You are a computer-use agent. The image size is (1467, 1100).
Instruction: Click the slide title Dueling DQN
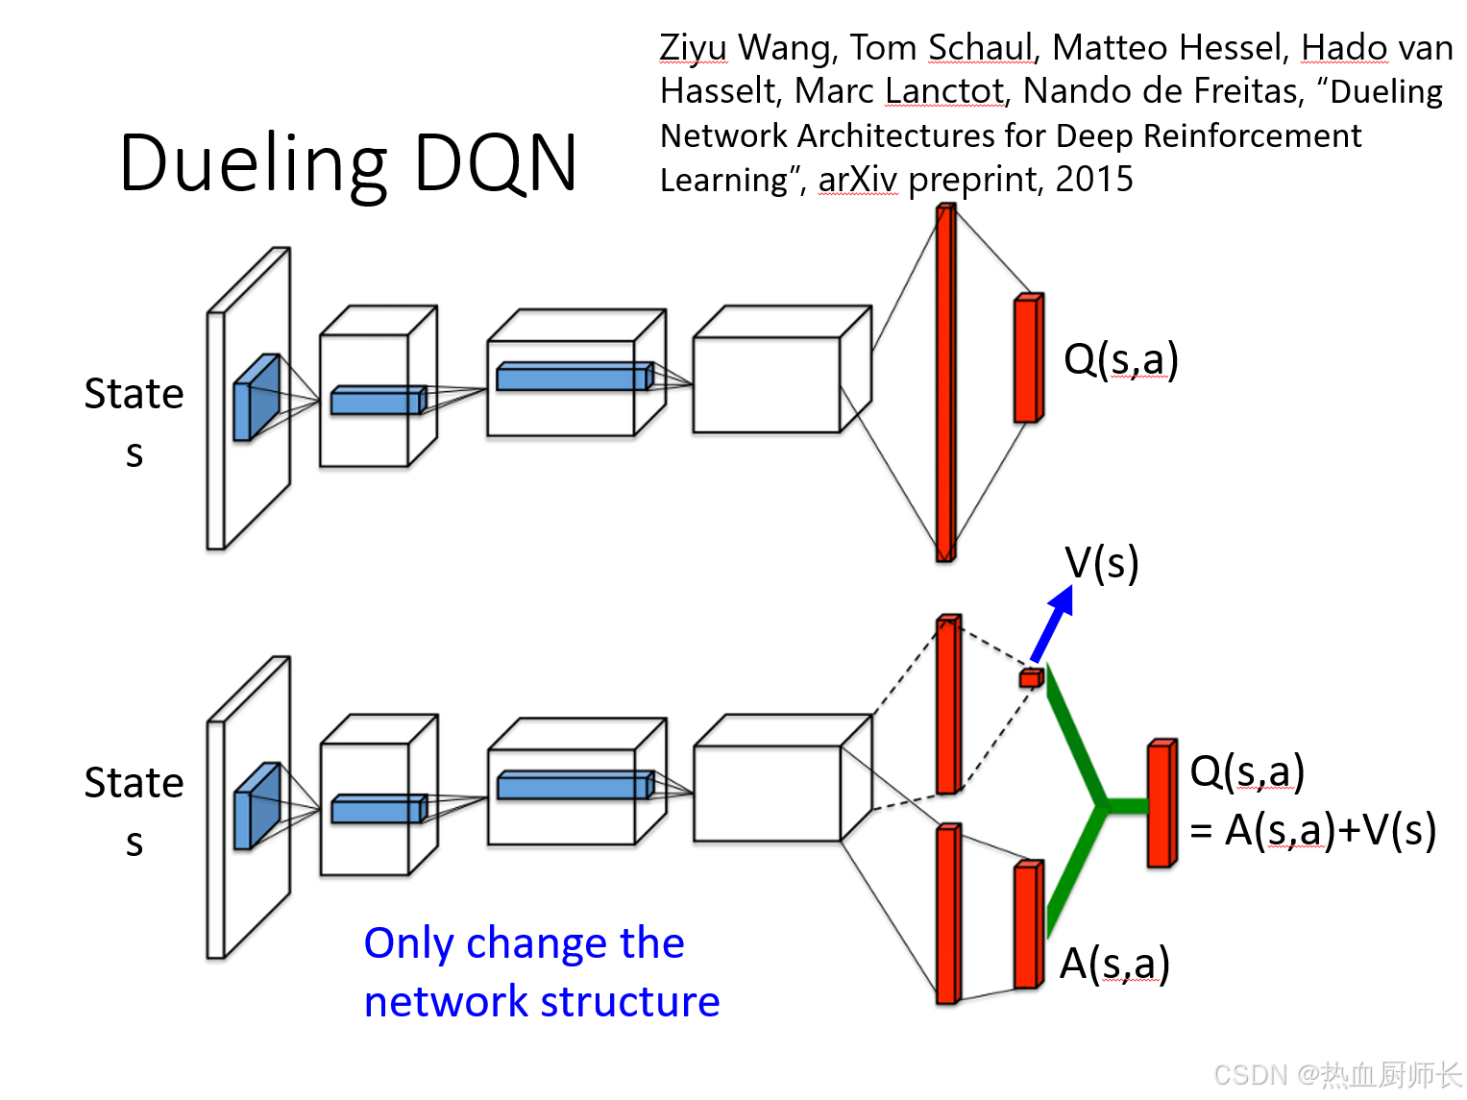click(349, 163)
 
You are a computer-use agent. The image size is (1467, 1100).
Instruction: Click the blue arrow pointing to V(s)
click(1051, 624)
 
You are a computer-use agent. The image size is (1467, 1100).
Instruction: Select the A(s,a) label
click(1114, 964)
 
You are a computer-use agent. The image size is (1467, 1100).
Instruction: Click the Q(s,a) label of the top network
click(1120, 359)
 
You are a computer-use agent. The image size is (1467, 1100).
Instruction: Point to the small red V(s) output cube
click(1031, 678)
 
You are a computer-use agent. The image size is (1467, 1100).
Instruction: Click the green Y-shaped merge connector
click(1095, 802)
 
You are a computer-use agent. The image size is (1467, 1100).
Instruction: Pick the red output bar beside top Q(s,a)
click(1028, 358)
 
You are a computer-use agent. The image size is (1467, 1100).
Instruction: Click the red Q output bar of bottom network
click(1161, 804)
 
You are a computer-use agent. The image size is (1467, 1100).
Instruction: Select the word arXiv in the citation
click(857, 180)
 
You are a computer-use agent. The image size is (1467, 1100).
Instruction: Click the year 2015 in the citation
click(1094, 180)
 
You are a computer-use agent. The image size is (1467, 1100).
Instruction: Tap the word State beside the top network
click(134, 394)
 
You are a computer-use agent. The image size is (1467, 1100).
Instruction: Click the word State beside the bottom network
click(134, 783)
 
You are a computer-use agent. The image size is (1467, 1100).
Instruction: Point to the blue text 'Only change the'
click(524, 943)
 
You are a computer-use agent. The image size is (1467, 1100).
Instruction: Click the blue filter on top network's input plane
click(257, 397)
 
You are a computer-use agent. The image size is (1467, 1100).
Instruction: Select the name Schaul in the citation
click(980, 47)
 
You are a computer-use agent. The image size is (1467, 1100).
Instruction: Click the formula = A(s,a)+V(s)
click(1312, 830)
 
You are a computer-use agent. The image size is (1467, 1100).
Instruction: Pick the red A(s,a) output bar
click(1028, 925)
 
